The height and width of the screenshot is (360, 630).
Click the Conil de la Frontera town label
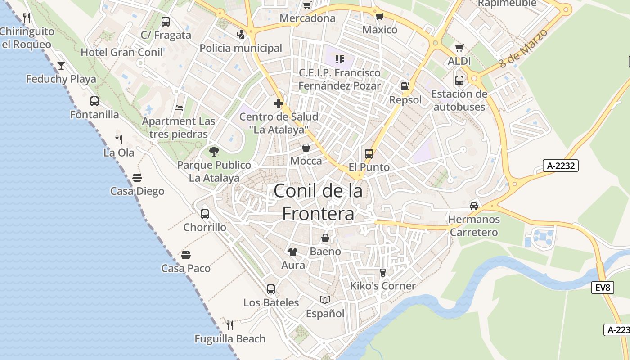click(x=318, y=202)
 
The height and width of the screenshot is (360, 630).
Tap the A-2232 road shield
click(x=560, y=166)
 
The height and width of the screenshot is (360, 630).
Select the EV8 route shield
click(x=603, y=288)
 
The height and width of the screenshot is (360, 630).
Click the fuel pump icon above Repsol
click(x=405, y=86)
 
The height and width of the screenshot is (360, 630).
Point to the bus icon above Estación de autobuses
click(x=459, y=81)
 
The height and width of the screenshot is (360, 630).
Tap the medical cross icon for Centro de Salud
click(x=279, y=103)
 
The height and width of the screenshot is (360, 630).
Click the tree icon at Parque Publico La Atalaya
click(x=214, y=152)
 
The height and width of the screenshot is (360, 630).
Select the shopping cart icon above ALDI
click(x=459, y=48)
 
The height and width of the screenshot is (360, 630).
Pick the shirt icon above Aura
click(x=293, y=252)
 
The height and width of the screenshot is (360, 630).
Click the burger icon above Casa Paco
click(x=186, y=255)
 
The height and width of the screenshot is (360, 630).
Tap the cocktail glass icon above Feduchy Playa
click(x=61, y=66)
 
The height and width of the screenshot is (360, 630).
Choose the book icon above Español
click(x=324, y=300)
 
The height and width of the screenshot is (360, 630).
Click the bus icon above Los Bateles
click(x=270, y=289)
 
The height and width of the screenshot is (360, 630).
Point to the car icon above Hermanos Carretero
click(x=473, y=206)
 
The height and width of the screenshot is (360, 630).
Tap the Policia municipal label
click(x=241, y=48)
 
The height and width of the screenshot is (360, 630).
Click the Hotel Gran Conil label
click(x=121, y=52)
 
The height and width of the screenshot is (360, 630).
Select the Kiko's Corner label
click(x=383, y=286)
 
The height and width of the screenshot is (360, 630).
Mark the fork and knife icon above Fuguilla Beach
click(x=229, y=325)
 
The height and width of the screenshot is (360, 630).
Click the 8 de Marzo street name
click(x=523, y=49)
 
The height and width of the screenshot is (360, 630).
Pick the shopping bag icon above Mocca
click(x=306, y=148)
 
